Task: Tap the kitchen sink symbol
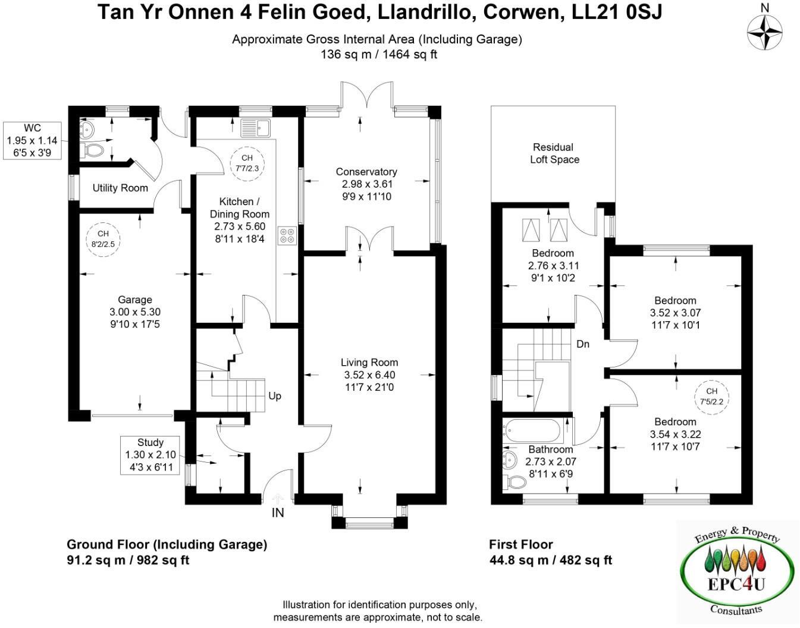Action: (255, 128)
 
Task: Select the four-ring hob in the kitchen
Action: (287, 236)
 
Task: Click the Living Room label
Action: (369, 362)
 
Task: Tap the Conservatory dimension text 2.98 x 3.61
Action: (366, 184)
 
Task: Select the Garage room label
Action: (134, 300)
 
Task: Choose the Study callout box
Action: (150, 455)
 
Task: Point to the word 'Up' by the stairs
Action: (275, 396)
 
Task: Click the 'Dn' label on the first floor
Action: (583, 344)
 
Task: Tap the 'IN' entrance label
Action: (278, 513)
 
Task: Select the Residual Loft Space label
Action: (554, 153)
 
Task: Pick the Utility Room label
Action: (120, 188)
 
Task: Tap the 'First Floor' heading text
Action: (521, 544)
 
